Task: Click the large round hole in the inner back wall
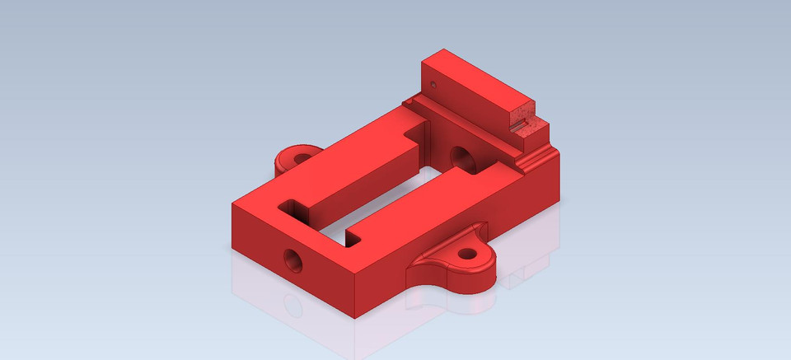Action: [461, 156]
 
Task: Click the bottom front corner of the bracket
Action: [354, 317]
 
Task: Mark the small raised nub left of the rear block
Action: [408, 101]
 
